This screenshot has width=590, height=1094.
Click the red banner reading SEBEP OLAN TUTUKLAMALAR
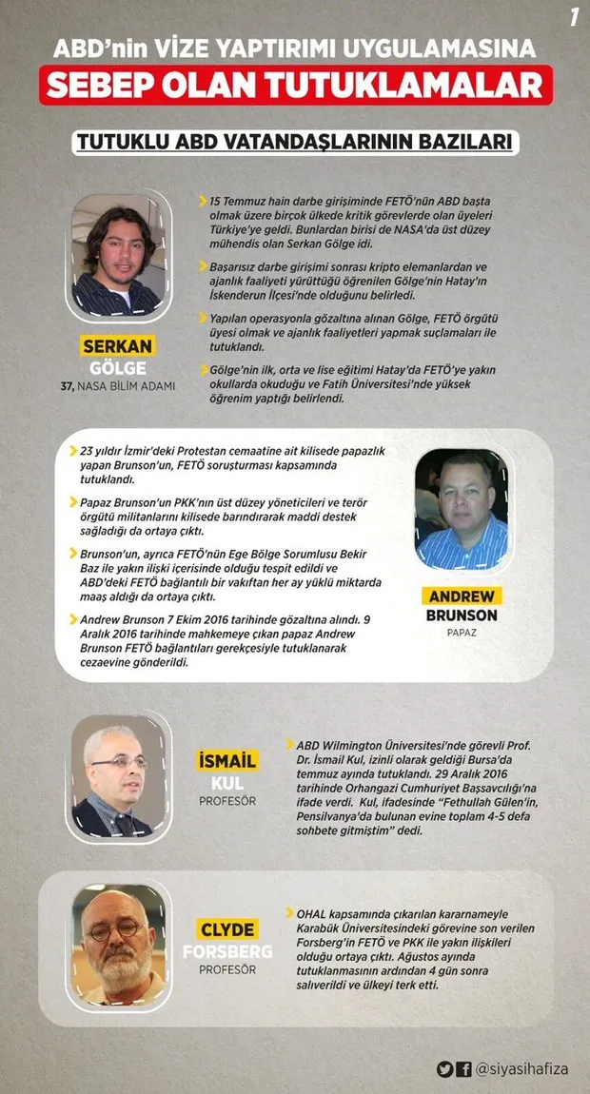[294, 85]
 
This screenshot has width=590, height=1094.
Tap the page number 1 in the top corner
[574, 16]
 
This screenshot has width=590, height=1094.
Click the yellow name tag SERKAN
[117, 346]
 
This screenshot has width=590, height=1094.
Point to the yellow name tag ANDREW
[462, 596]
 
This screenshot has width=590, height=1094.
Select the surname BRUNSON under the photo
[462, 615]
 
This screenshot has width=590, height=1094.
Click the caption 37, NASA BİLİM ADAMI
[118, 386]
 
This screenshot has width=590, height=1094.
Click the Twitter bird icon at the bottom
[444, 1069]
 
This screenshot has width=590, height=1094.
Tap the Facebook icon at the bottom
[463, 1069]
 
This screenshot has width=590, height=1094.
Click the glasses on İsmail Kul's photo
[119, 763]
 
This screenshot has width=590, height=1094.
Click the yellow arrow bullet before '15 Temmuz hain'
[203, 202]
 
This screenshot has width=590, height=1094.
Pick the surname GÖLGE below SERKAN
[117, 367]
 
